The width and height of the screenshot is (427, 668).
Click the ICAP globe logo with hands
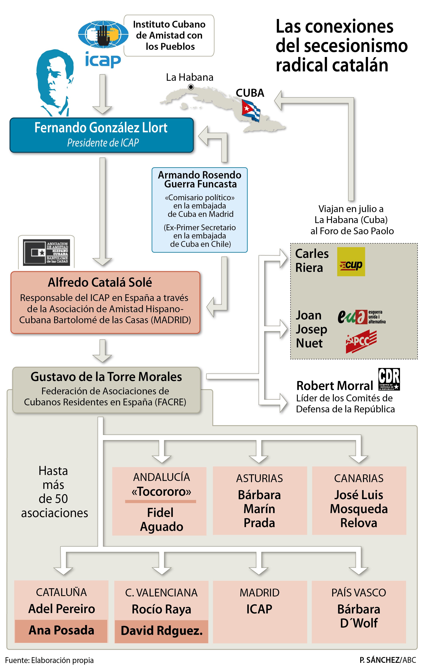pyautogui.click(x=103, y=34)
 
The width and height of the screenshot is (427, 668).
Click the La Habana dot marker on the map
pyautogui.click(x=191, y=87)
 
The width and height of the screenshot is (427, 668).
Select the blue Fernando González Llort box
pyautogui.click(x=102, y=135)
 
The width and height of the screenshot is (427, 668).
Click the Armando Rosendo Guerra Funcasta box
pyautogui.click(x=199, y=210)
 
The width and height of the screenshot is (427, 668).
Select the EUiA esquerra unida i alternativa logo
pyautogui.click(x=361, y=317)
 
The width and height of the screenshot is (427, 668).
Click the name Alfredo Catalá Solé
pyautogui.click(x=100, y=282)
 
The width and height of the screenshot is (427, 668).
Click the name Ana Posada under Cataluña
pyautogui.click(x=61, y=630)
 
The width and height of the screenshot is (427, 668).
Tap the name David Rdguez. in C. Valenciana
pyautogui.click(x=162, y=631)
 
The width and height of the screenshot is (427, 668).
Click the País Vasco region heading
pyautogui.click(x=359, y=592)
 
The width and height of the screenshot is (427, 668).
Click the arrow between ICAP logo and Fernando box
pyautogui.click(x=102, y=94)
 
